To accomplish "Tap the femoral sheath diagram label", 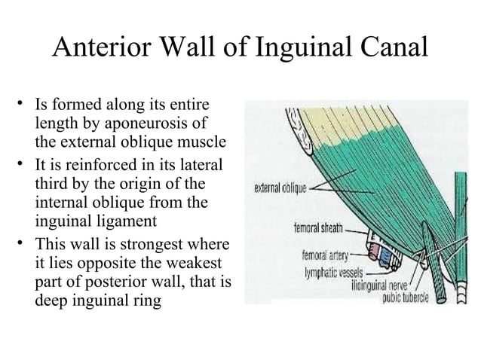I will (318, 227).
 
